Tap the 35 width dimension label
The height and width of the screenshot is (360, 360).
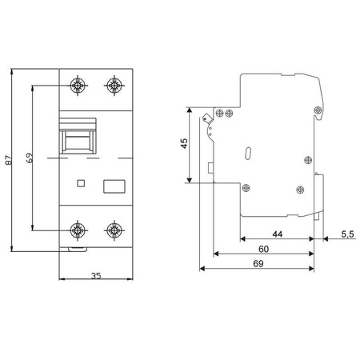[96, 276]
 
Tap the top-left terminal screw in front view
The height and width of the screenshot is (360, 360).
[79, 85]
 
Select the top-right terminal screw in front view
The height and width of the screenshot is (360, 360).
[114, 85]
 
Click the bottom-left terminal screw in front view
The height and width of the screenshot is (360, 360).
[79, 232]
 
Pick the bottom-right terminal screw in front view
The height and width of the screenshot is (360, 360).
[114, 232]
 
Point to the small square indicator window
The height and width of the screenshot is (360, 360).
[79, 184]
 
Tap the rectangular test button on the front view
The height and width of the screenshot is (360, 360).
[114, 186]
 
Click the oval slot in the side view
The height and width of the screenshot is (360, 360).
[247, 153]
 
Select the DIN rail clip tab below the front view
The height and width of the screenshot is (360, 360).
[77, 251]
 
